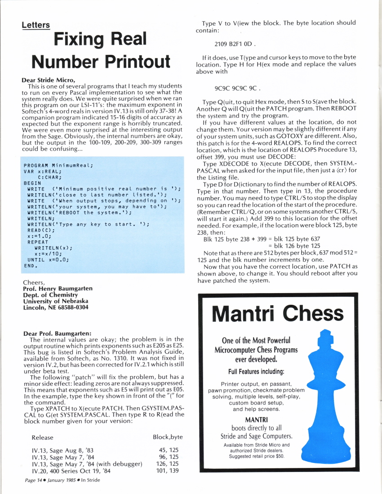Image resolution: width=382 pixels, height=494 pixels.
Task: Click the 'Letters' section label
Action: pyautogui.click(x=36, y=25)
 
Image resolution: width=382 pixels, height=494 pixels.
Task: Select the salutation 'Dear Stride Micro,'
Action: pyautogui.click(x=48, y=80)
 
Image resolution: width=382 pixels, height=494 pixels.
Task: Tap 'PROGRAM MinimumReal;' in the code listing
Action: pyautogui.click(x=58, y=165)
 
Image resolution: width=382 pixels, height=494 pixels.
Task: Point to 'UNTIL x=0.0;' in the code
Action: pyautogui.click(x=48, y=259)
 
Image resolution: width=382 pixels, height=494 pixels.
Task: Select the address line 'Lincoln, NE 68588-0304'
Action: pyautogui.click(x=56, y=307)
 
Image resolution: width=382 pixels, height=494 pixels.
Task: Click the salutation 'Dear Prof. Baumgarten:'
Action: pyautogui.click(x=57, y=334)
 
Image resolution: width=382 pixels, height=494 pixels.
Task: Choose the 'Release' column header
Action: pyautogui.click(x=42, y=437)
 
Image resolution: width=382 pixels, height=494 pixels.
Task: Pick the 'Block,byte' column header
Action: pyautogui.click(x=168, y=437)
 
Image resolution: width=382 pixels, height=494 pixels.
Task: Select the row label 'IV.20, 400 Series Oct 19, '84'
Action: pyautogui.click(x=71, y=471)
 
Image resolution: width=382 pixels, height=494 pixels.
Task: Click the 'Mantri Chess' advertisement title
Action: pyautogui.click(x=278, y=314)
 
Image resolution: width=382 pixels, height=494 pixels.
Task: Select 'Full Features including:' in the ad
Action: pyautogui.click(x=255, y=372)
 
